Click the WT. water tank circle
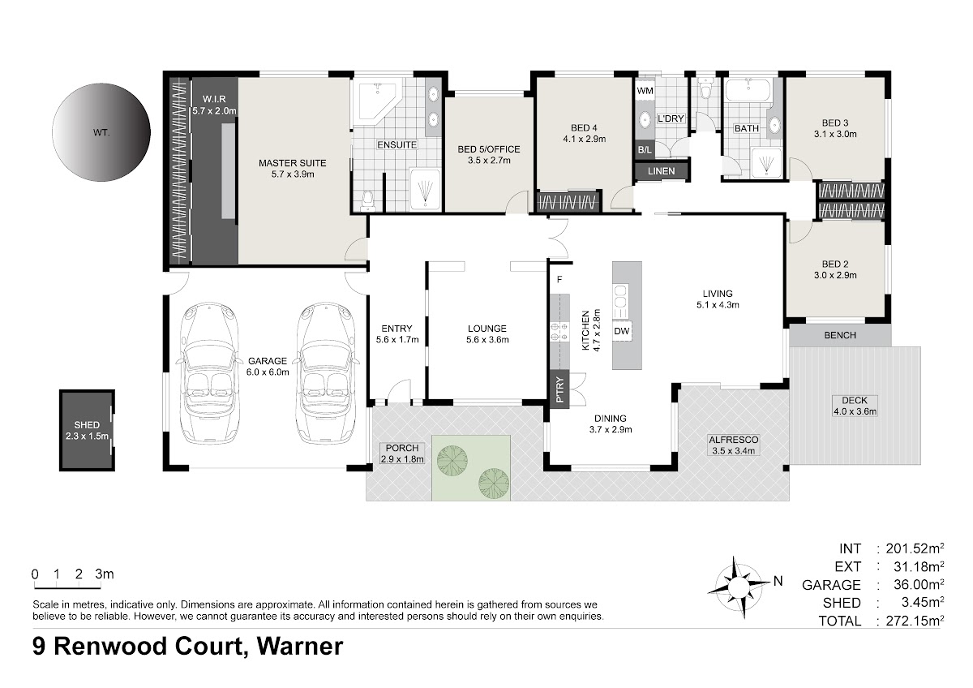coord(101,132)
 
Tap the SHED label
coord(87,424)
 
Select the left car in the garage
coord(209,374)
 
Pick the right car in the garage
coord(325,374)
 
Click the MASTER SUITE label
coord(293,163)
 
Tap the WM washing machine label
coord(645,91)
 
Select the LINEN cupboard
coord(661,171)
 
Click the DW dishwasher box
coord(622,331)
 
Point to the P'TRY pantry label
coord(559,389)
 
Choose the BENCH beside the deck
coord(840,335)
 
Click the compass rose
coord(737,587)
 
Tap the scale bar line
coord(67,588)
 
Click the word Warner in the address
coord(300,646)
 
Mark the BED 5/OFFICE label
coord(489,149)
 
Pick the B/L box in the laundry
coord(645,150)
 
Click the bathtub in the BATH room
coord(748,90)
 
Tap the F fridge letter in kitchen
coord(559,279)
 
